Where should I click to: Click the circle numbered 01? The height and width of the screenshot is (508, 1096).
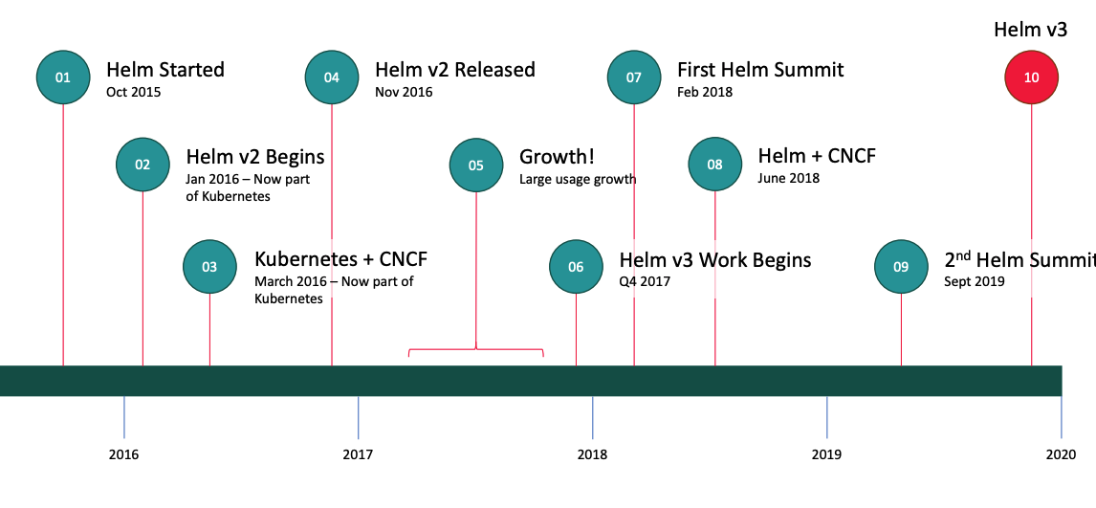pyautogui.click(x=64, y=77)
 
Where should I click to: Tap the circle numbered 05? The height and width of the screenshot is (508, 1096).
pyautogui.click(x=476, y=166)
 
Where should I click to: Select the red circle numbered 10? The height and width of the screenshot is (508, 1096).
pyautogui.click(x=1032, y=77)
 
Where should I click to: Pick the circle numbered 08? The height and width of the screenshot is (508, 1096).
pyautogui.click(x=715, y=165)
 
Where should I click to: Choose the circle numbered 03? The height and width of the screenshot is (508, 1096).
pyautogui.click(x=209, y=266)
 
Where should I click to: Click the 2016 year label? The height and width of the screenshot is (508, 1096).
pyautogui.click(x=123, y=454)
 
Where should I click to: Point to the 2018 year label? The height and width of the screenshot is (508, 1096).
pyautogui.click(x=593, y=454)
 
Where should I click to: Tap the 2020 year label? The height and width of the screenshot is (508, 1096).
pyautogui.click(x=1061, y=454)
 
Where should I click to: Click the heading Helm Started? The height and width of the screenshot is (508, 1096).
pyautogui.click(x=164, y=70)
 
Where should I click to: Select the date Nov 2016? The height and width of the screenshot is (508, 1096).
pyautogui.click(x=404, y=92)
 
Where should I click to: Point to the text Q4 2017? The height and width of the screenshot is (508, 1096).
pyautogui.click(x=646, y=281)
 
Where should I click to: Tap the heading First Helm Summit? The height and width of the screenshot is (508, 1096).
pyautogui.click(x=760, y=70)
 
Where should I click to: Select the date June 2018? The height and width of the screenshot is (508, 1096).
pyautogui.click(x=788, y=178)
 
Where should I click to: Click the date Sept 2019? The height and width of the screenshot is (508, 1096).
pyautogui.click(x=975, y=281)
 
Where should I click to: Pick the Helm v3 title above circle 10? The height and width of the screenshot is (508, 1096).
pyautogui.click(x=1030, y=30)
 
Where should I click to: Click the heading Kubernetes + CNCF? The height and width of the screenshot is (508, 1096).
pyautogui.click(x=341, y=259)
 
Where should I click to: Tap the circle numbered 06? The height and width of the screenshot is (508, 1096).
pyautogui.click(x=576, y=266)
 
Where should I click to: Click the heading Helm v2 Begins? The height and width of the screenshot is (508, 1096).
pyautogui.click(x=255, y=157)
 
